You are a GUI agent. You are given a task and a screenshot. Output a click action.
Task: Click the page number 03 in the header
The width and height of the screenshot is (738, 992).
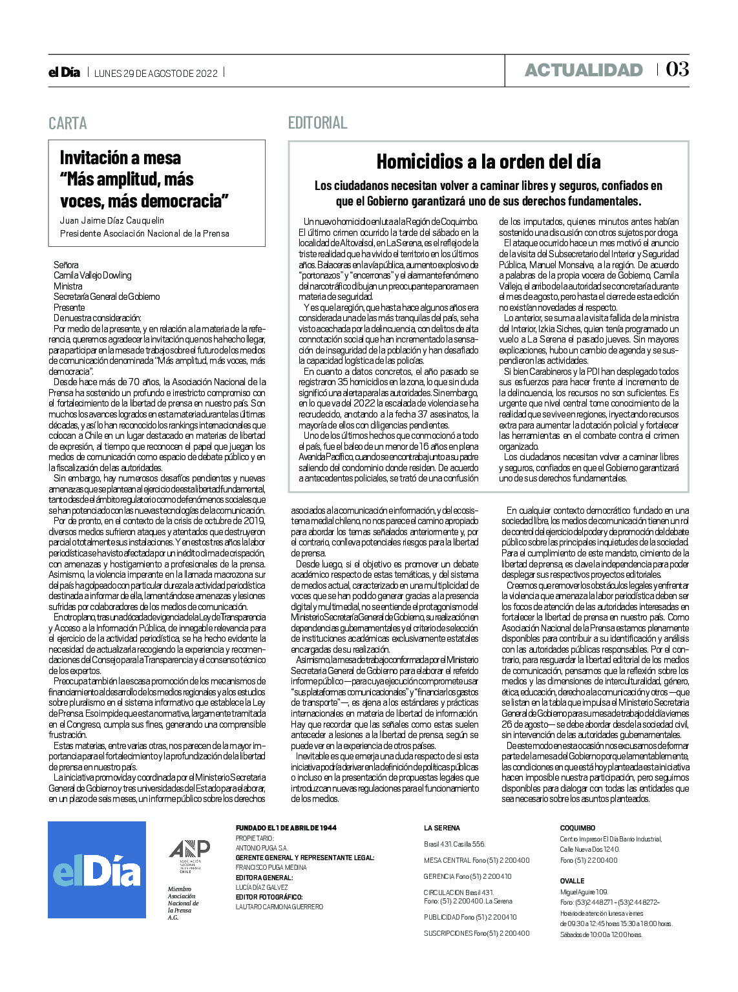677,69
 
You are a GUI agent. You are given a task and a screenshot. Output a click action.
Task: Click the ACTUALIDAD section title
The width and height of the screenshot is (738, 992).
583,70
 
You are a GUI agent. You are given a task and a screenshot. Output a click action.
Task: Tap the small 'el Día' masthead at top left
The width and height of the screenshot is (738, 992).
64,72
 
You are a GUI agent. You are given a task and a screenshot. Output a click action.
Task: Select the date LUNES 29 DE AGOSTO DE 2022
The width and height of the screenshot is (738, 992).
156,73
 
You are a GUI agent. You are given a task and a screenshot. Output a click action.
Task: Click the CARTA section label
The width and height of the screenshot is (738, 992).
67,123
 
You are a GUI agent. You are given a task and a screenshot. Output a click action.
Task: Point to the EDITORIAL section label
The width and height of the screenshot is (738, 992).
317,122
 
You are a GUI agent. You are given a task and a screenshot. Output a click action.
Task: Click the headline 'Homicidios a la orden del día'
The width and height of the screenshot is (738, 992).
488,161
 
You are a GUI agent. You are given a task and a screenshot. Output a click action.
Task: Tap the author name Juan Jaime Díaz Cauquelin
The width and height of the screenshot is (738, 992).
112,220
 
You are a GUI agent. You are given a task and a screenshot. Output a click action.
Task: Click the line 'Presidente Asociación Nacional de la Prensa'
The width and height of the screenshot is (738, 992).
144,233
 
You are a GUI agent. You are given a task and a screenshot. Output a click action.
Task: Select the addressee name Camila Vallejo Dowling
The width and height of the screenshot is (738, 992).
92,275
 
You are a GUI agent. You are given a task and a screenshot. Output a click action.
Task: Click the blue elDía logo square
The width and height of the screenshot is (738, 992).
97,869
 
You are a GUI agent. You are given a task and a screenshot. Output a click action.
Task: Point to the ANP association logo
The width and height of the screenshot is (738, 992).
189,855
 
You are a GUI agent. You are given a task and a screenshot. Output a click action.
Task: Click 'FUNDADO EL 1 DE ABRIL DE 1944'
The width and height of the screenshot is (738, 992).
286,828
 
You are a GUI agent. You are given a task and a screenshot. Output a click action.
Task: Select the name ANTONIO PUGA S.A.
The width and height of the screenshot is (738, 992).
262,847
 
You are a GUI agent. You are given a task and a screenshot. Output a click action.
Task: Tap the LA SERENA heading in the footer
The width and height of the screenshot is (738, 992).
442,828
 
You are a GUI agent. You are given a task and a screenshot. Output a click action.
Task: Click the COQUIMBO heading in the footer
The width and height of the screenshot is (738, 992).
577,828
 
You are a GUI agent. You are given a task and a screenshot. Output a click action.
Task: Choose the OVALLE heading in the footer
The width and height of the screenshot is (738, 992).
572,881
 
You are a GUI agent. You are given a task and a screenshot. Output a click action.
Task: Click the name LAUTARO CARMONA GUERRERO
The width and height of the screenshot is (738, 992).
279,907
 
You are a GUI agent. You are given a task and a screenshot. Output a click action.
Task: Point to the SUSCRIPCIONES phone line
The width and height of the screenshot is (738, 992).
476,933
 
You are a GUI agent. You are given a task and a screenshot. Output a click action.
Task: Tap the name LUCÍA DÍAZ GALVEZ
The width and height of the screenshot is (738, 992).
262,887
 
